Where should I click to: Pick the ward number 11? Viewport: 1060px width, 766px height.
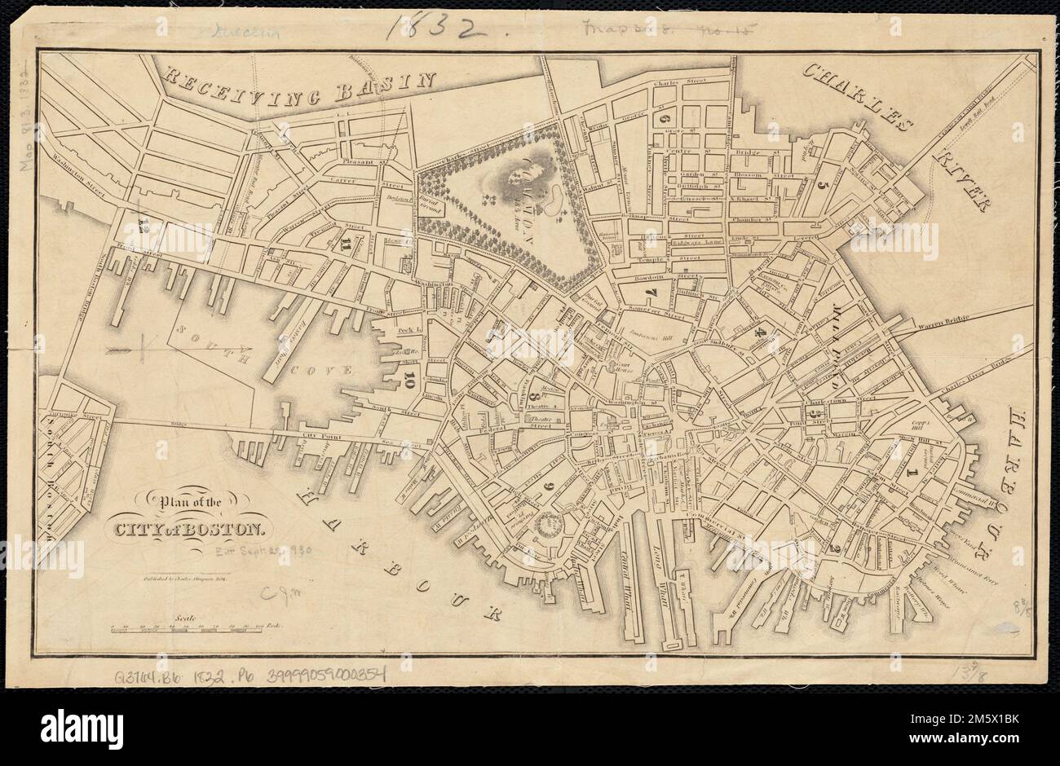pyautogui.click(x=350, y=243)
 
